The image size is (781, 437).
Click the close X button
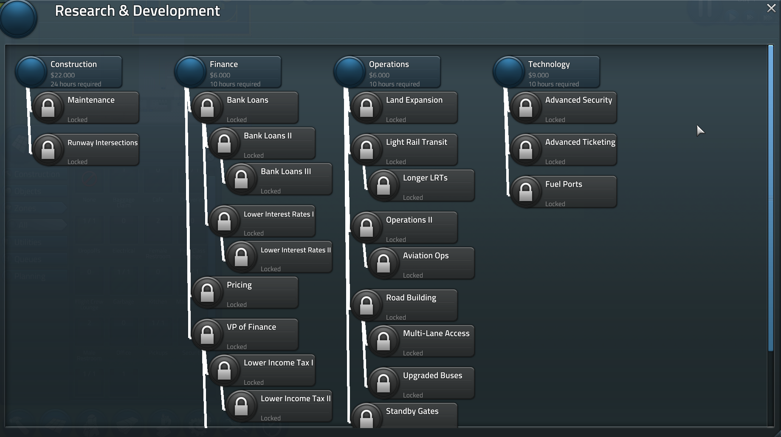[x=771, y=8]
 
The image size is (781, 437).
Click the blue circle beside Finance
[x=190, y=72]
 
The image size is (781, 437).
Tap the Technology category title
[x=549, y=64]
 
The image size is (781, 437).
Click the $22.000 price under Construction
[x=62, y=75]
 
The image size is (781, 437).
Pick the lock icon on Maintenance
[x=48, y=108]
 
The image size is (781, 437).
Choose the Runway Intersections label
[x=102, y=143]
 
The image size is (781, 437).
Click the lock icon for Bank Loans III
[x=241, y=179]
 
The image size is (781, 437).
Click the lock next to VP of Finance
[x=207, y=335]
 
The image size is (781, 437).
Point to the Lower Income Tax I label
[x=278, y=363]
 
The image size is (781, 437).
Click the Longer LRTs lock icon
[x=383, y=185]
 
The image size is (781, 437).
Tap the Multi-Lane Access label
[x=436, y=333]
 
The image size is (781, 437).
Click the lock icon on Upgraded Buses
[x=383, y=383]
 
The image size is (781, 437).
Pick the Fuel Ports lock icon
[x=526, y=192]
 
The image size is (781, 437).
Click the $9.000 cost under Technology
[x=538, y=75]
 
